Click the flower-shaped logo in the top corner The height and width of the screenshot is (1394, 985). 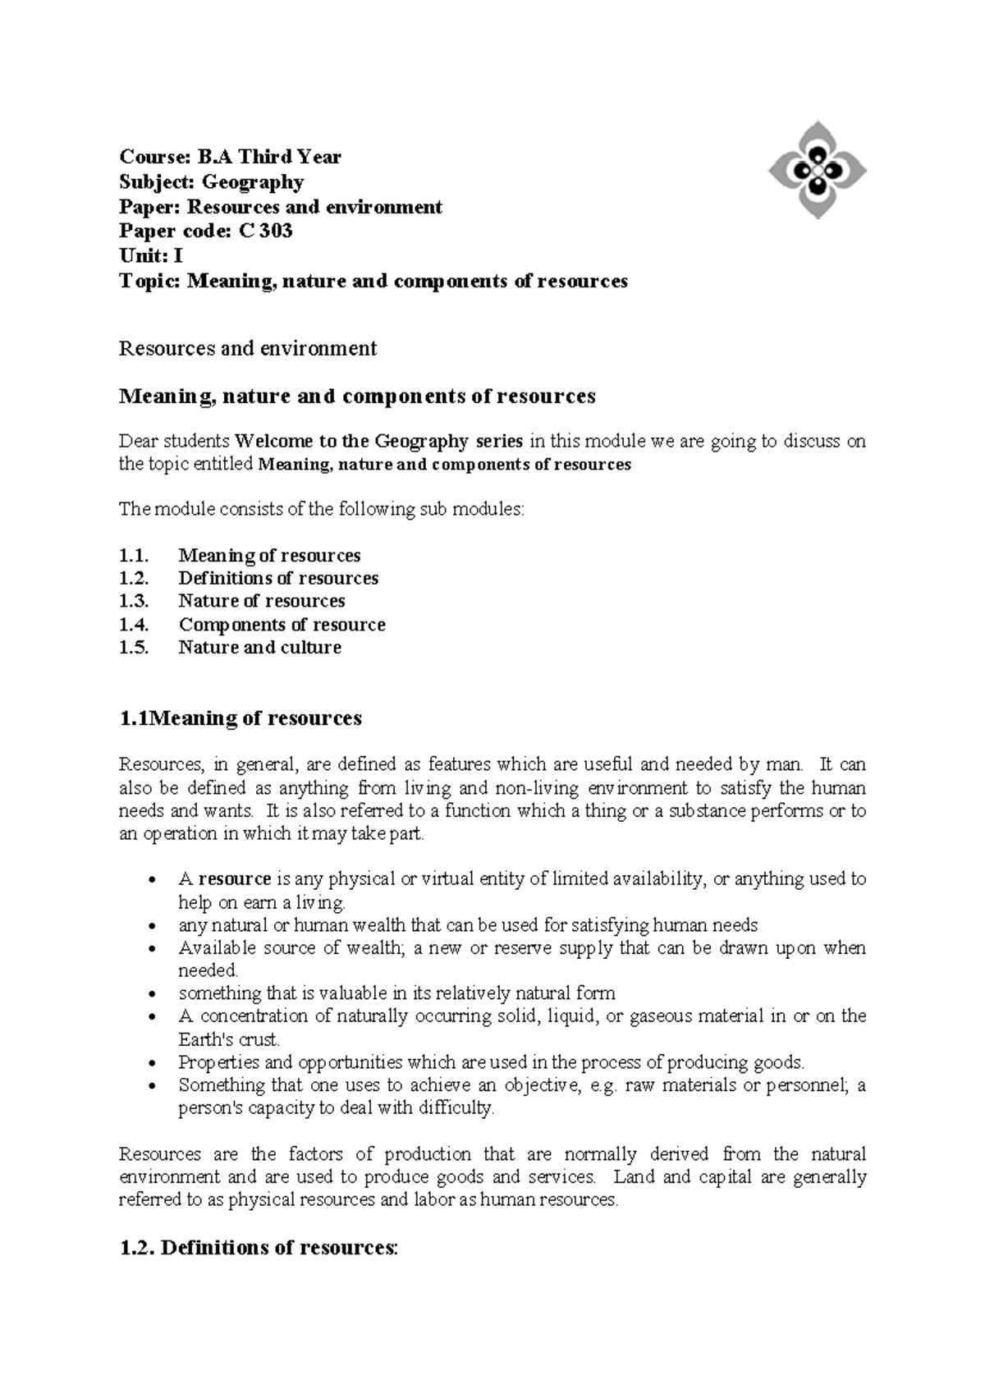[x=817, y=170]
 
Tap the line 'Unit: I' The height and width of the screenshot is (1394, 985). [x=150, y=256]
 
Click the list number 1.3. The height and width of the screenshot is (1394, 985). [x=134, y=601]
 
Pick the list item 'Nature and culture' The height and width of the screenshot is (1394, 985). [x=259, y=648]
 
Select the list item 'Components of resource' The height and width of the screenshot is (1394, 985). [x=282, y=625]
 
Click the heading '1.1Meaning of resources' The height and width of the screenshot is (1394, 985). [x=241, y=718]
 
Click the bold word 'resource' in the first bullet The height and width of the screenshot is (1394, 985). [x=235, y=879]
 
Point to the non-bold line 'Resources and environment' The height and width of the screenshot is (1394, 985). [x=248, y=348]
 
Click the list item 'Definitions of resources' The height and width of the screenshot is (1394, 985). [x=278, y=578]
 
